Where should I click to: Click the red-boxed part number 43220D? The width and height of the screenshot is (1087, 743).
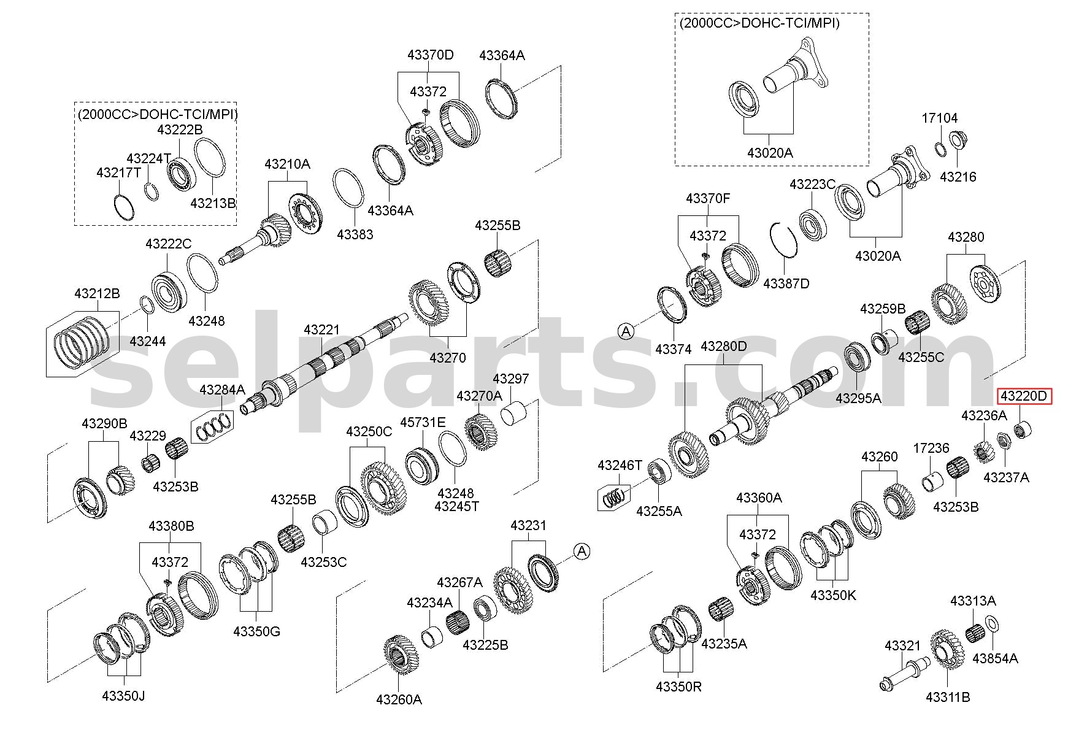[x=1024, y=396]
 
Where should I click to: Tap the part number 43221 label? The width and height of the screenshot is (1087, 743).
[x=321, y=330]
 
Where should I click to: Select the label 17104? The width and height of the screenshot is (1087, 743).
[x=939, y=118]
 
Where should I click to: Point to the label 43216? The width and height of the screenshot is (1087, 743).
[x=958, y=177]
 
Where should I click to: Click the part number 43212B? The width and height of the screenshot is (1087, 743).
[x=97, y=293]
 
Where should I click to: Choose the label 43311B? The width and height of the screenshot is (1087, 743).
[x=948, y=697]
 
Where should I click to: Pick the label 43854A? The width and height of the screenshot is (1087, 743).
[x=996, y=658]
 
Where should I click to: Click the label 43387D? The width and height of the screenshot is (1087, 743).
[x=786, y=283]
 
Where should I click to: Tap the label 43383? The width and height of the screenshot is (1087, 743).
[x=355, y=234]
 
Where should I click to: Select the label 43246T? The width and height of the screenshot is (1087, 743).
[x=620, y=466]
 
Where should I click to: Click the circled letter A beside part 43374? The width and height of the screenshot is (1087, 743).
[x=626, y=332]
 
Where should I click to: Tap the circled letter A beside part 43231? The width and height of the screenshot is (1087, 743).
[x=582, y=551]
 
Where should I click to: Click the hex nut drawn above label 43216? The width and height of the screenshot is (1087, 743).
[x=956, y=140]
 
